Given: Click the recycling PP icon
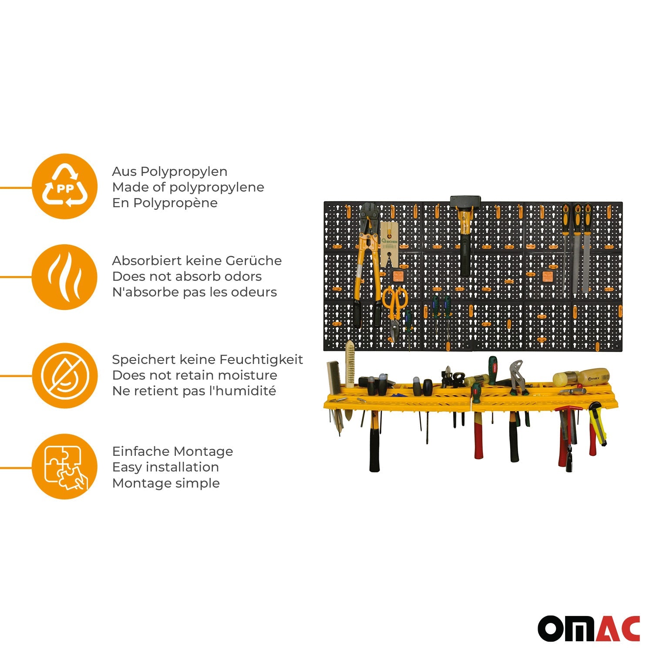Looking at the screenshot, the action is tap(64, 186).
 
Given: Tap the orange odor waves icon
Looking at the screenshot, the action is tap(64, 277).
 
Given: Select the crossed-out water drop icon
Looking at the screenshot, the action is tap(64, 376).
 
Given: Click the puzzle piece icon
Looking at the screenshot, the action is tap(64, 467).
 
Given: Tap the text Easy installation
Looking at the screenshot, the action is tap(165, 467).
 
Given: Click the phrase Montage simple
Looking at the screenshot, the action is tap(166, 483).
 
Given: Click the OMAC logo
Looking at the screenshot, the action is tap(589, 629).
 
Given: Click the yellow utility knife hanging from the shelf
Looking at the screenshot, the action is tap(597, 424).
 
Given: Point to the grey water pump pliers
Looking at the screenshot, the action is tap(518, 377).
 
